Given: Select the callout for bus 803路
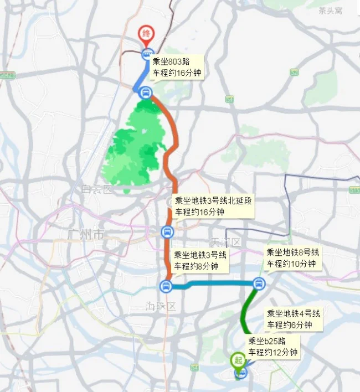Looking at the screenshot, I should click(x=177, y=68).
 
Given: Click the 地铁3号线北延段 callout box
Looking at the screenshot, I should click(x=213, y=206).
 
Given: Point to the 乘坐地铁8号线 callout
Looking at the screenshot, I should click(x=292, y=258).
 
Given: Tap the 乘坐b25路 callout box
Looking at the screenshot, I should click(x=272, y=347).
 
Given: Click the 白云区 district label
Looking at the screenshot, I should click(x=97, y=190).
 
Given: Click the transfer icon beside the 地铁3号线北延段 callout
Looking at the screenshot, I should click(x=167, y=231).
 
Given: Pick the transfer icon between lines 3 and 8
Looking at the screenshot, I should click(x=166, y=286).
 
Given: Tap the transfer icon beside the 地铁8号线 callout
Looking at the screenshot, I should click(x=258, y=283).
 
